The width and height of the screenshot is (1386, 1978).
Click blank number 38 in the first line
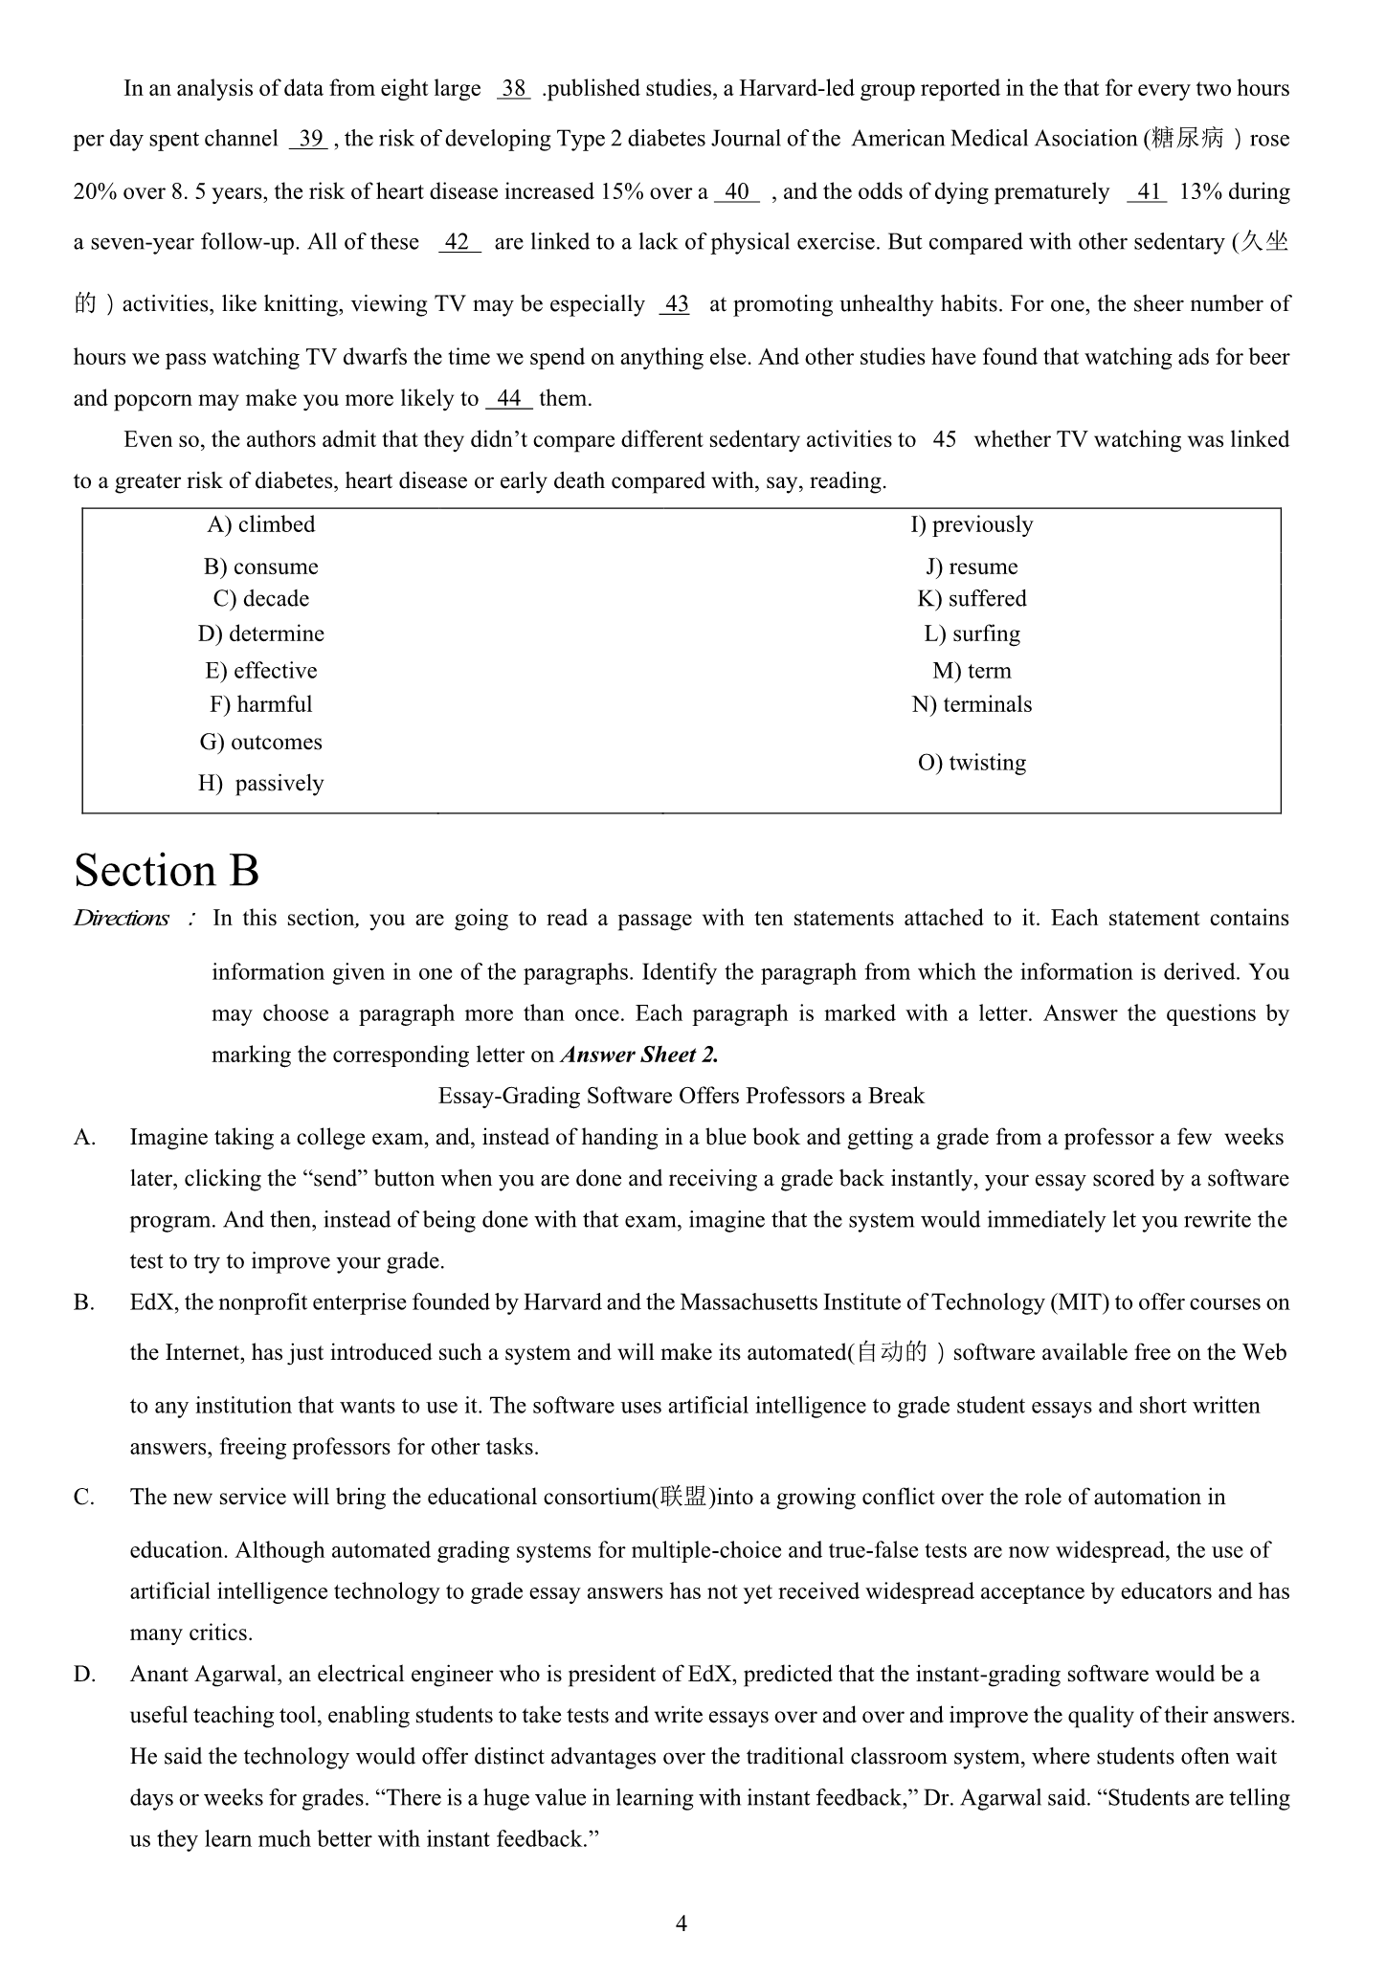coord(514,89)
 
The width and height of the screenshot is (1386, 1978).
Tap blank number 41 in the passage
coord(1148,191)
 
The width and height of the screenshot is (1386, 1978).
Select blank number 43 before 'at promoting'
coord(676,304)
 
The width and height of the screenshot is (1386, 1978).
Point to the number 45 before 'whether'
coord(944,439)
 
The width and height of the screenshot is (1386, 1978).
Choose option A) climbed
coord(260,524)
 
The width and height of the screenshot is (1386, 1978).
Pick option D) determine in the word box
coord(260,633)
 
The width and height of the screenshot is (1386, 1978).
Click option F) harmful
coord(260,704)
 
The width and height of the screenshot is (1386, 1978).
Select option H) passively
coord(260,783)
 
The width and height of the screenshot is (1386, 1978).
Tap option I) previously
coord(972,524)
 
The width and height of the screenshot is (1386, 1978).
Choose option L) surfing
coord(972,633)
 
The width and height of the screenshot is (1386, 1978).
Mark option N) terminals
coord(972,704)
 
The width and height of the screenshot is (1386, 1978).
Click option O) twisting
coord(972,763)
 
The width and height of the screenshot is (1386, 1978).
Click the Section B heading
coord(167,871)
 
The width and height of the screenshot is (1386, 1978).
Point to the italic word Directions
coord(122,919)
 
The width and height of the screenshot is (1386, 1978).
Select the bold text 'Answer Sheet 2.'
coord(639,1055)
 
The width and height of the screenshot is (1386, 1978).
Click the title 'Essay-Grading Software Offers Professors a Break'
coord(681,1096)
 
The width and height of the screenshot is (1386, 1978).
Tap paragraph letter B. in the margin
coord(84,1302)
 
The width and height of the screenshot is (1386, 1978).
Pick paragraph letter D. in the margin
coord(84,1674)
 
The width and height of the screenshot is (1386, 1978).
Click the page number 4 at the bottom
coord(681,1922)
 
